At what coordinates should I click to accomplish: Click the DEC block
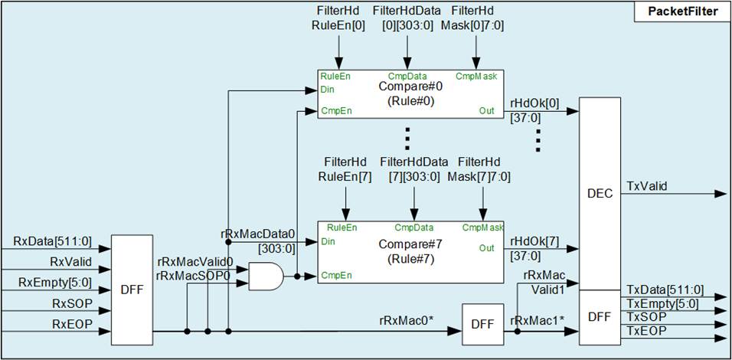point(600,194)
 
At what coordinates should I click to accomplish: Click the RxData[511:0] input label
point(52,242)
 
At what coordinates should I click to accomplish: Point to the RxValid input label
point(70,263)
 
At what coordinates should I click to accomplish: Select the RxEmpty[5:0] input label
point(57,283)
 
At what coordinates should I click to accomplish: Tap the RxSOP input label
point(72,304)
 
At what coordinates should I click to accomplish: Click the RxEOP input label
point(72,325)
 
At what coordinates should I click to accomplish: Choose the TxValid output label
point(647,185)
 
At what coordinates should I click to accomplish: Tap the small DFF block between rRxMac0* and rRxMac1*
point(482,325)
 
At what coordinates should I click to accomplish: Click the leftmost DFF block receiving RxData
point(132,290)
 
